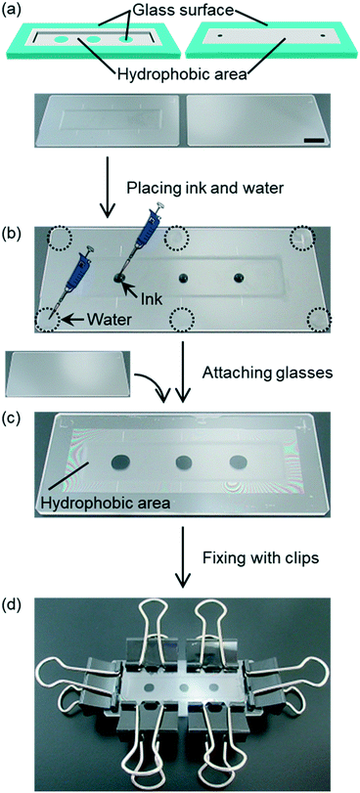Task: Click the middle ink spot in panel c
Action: coord(179,463)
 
